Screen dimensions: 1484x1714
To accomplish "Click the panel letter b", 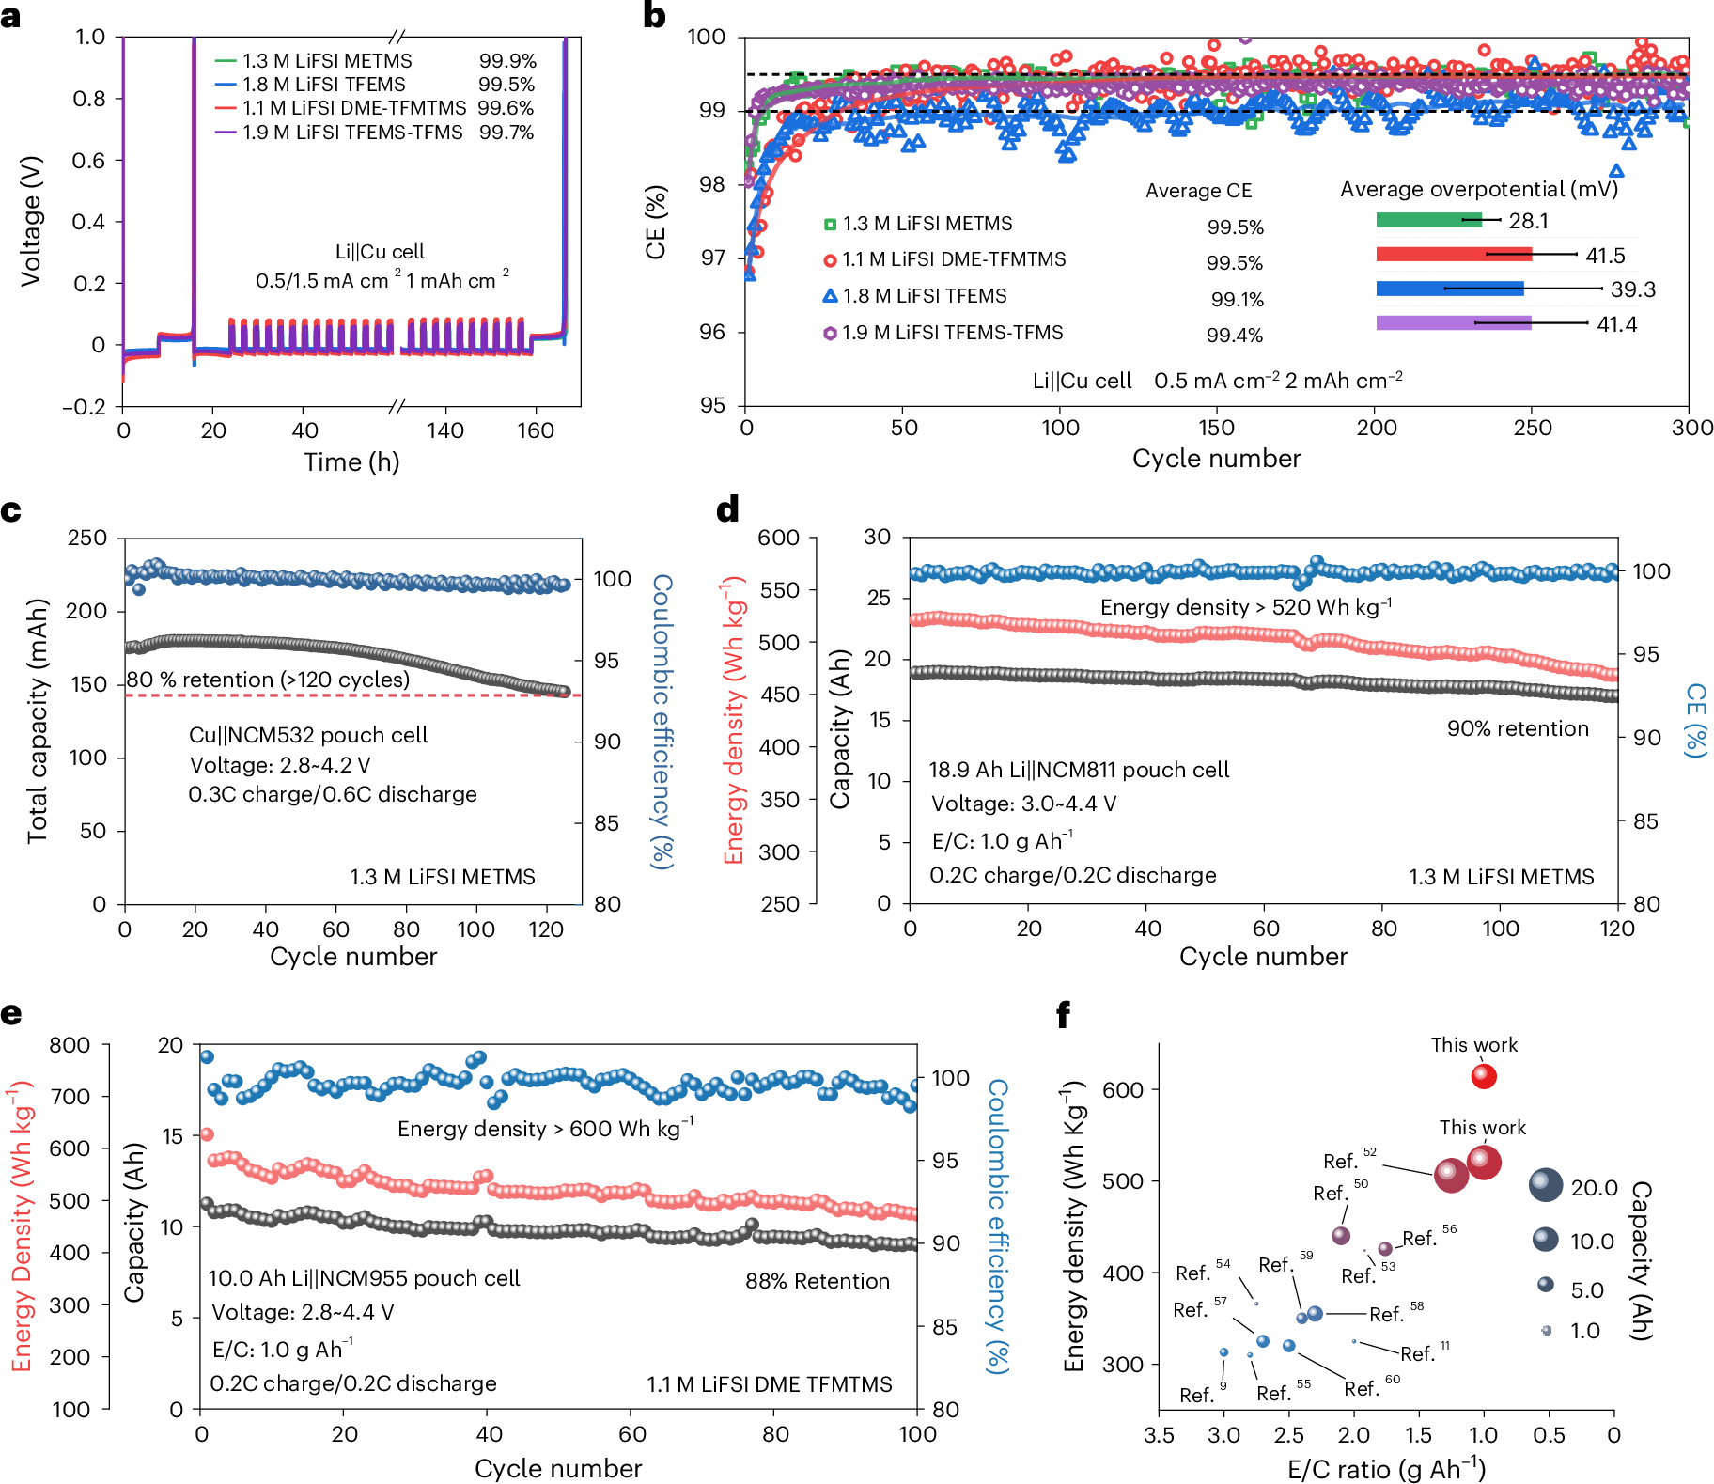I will (x=655, y=16).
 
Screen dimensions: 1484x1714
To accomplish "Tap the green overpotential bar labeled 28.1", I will (x=1428, y=220).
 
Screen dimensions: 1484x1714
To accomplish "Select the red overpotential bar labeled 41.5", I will (x=1453, y=254).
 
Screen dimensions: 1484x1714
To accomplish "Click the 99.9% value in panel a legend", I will (x=507, y=61).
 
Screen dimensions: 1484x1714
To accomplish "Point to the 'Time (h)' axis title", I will (x=351, y=462).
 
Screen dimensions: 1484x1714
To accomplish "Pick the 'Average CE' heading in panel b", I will (x=1198, y=191).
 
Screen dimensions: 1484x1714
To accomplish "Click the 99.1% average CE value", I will (x=1237, y=300).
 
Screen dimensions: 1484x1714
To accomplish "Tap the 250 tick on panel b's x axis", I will (x=1532, y=428).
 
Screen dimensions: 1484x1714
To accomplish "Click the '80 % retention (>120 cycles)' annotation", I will (x=268, y=680).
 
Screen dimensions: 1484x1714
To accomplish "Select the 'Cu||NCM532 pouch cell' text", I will (x=308, y=735).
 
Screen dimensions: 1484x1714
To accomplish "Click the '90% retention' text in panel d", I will (x=1518, y=728).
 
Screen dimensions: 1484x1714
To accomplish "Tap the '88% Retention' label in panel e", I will (x=817, y=1281).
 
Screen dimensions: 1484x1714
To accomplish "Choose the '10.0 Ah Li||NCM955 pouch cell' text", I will (x=364, y=1278).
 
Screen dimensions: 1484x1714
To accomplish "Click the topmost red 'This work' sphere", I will (x=1483, y=1076).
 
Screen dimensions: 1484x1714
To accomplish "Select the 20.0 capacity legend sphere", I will (x=1545, y=1186).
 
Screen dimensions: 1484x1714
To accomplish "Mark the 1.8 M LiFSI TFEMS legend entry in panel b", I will (x=924, y=296).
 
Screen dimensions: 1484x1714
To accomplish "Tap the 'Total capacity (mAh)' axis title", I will (x=38, y=721).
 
